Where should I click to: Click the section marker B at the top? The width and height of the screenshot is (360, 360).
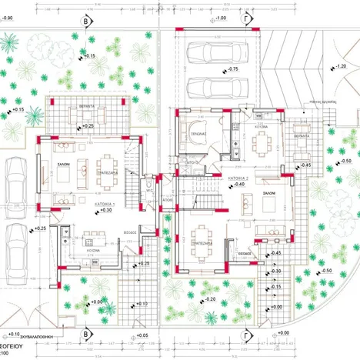point(85,21)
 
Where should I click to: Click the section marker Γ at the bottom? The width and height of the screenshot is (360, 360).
point(247,335)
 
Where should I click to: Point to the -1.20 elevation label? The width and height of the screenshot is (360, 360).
point(339,66)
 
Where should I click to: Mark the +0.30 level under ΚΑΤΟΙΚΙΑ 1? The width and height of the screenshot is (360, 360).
point(105,209)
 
